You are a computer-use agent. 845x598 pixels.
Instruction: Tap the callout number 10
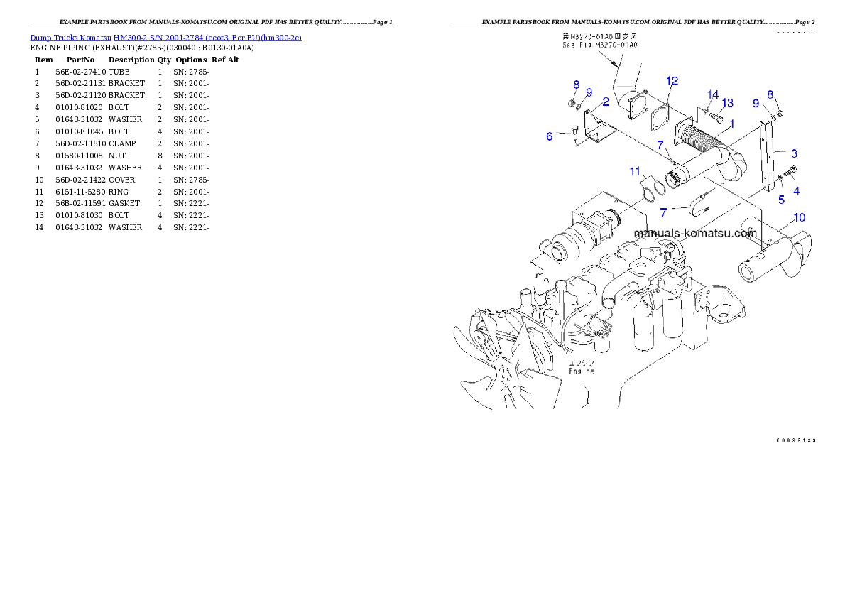pyautogui.click(x=799, y=217)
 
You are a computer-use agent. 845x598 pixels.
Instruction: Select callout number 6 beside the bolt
pyautogui.click(x=549, y=136)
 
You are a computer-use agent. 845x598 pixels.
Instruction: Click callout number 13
pyautogui.click(x=727, y=103)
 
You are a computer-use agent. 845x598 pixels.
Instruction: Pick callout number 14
pyautogui.click(x=713, y=94)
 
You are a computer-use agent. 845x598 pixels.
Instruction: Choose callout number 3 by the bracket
pyautogui.click(x=794, y=153)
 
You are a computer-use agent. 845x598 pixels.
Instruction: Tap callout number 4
pyautogui.click(x=796, y=191)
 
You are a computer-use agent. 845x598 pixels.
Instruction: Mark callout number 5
pyautogui.click(x=781, y=200)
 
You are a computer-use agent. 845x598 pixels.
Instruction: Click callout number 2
pyautogui.click(x=606, y=102)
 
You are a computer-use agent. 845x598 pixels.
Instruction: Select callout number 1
pyautogui.click(x=731, y=122)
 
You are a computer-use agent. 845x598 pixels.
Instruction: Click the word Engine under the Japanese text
pyautogui.click(x=580, y=371)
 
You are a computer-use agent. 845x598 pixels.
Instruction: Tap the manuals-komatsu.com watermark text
pyautogui.click(x=694, y=233)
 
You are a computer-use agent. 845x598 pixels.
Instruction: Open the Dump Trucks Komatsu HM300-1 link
pyautogui.click(x=165, y=38)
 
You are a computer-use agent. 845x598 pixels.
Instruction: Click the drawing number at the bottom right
pyautogui.click(x=795, y=440)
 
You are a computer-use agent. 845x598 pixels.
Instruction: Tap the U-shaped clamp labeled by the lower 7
pyautogui.click(x=699, y=209)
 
